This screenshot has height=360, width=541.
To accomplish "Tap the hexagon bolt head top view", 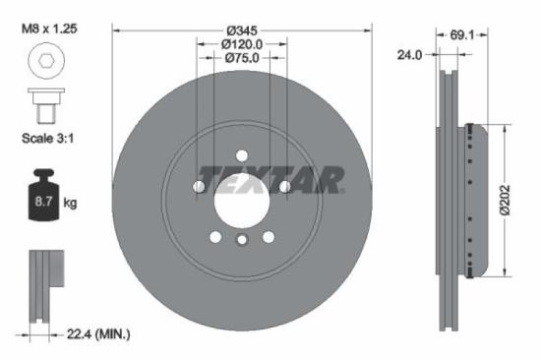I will pos(46,67).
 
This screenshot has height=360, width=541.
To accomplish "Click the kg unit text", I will pos(69,203).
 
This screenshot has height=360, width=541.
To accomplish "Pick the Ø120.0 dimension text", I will pos(242,43).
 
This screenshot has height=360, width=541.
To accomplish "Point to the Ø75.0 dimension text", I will pos(242,58).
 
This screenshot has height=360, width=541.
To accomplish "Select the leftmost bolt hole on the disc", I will pos(201,186).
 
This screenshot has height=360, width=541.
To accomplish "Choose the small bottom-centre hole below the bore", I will pos(242,238).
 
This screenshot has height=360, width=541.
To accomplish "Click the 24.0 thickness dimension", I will pos(409,55).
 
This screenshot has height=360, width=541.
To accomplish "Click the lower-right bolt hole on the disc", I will pos(269,235).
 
